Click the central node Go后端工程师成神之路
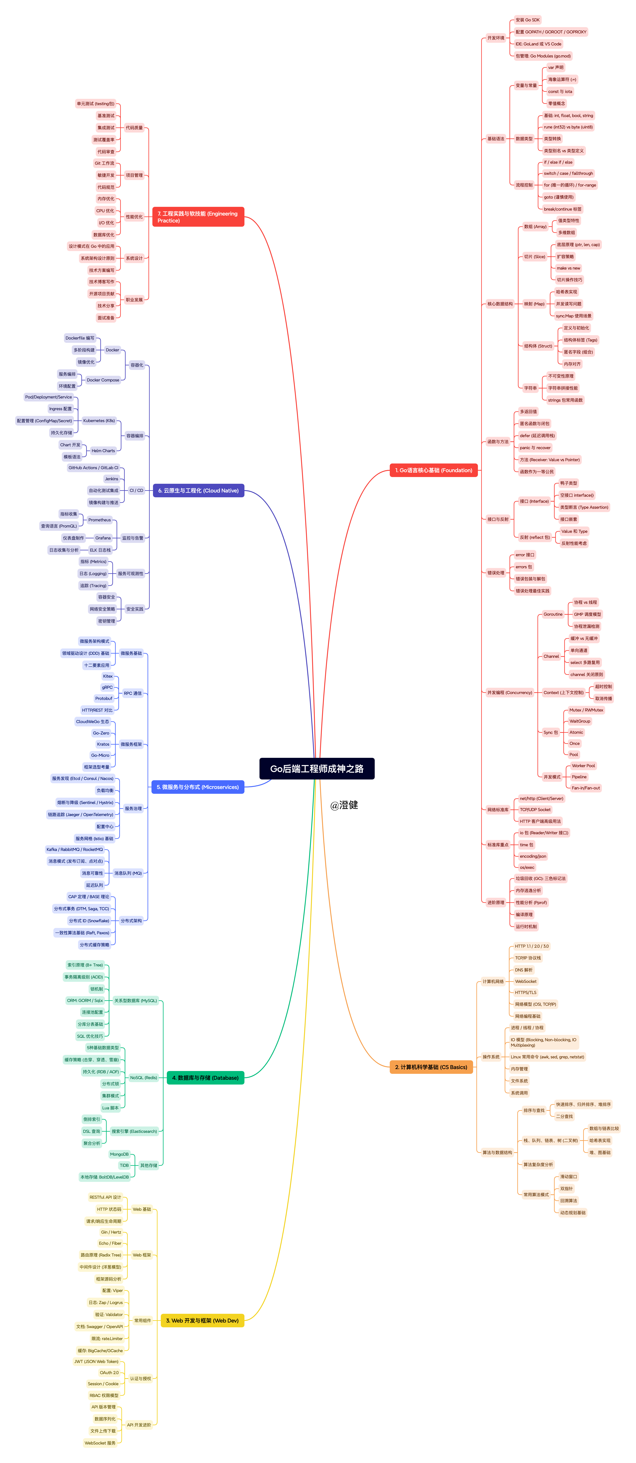coord(317,768)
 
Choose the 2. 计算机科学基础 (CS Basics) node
coord(431,1067)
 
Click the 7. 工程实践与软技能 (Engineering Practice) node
coord(198,217)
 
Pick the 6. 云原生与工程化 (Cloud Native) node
coord(198,491)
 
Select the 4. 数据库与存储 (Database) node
coord(206,1078)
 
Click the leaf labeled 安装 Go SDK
coord(528,20)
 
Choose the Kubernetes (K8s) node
coord(99,421)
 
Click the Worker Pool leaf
coord(583,766)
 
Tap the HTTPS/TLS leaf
coord(525,993)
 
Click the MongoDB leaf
coord(119,1154)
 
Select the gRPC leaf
coord(107,687)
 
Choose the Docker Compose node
coord(103,380)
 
